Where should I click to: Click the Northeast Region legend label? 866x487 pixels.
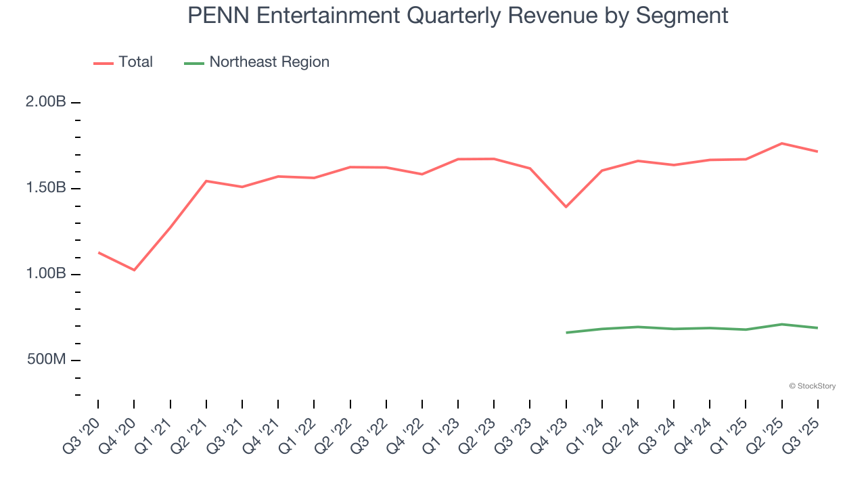pyautogui.click(x=269, y=62)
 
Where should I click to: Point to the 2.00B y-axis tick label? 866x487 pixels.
pyautogui.click(x=46, y=102)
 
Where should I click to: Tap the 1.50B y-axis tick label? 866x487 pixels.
pyautogui.click(x=46, y=188)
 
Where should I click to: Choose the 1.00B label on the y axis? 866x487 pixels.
pyautogui.click(x=46, y=274)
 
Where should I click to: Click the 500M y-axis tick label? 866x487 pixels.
pyautogui.click(x=47, y=359)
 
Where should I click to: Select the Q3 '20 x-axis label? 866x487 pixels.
pyautogui.click(x=82, y=434)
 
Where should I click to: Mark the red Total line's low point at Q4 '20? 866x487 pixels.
pyautogui.click(x=134, y=270)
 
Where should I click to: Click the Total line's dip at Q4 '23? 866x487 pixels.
pyautogui.click(x=566, y=207)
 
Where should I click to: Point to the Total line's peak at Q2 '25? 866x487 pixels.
pyautogui.click(x=781, y=143)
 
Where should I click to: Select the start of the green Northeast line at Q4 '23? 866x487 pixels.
pyautogui.click(x=566, y=333)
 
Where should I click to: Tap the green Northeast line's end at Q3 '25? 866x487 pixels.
pyautogui.click(x=817, y=328)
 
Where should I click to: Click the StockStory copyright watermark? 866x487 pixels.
pyautogui.click(x=812, y=386)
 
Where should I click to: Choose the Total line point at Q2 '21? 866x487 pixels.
pyautogui.click(x=206, y=181)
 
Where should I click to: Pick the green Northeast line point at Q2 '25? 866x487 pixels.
pyautogui.click(x=781, y=324)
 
